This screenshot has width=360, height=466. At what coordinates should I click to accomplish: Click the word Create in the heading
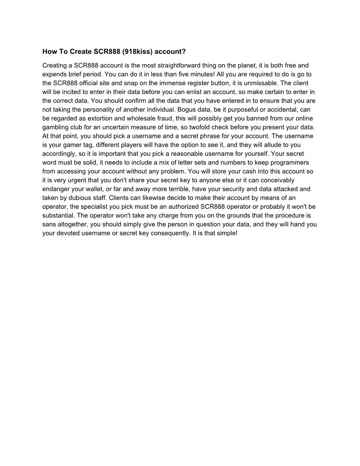pos(80,52)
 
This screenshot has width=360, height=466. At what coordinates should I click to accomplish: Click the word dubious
pos(79,198)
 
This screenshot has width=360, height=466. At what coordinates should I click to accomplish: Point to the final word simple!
pos(226,233)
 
